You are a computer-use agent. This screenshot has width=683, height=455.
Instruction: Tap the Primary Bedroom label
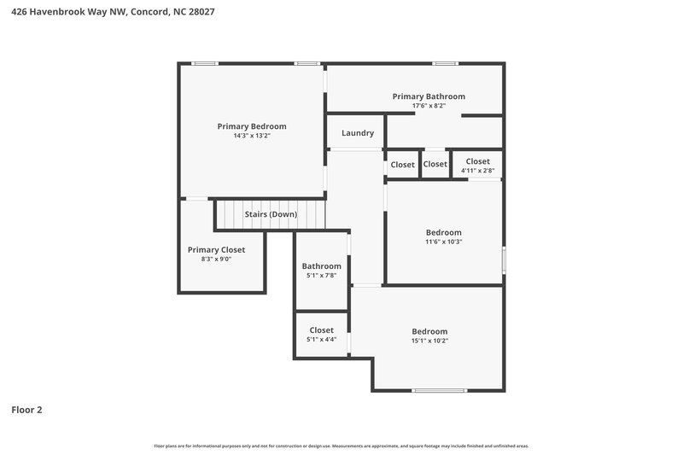[251, 126]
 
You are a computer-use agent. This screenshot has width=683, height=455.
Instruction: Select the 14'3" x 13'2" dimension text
[251, 136]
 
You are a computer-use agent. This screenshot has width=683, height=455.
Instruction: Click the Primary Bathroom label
[429, 96]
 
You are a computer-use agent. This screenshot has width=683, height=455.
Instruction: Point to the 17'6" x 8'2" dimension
[429, 106]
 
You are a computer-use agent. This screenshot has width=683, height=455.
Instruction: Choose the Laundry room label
[358, 133]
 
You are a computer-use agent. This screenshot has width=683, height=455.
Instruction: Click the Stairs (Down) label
[271, 214]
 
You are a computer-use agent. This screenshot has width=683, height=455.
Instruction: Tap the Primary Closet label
[216, 250]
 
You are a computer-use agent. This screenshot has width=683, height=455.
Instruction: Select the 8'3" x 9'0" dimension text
[216, 259]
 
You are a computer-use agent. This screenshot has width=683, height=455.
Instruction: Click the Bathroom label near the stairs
[321, 266]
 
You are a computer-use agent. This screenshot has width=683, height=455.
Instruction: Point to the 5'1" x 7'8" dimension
[321, 275]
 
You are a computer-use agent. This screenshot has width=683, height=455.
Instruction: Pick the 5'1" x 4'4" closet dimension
[321, 339]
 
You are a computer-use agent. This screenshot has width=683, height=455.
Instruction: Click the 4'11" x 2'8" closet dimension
[477, 171]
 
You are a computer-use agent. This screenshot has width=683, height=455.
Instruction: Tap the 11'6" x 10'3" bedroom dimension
[444, 242]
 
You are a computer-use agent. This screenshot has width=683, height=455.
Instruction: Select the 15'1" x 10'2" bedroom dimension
[429, 341]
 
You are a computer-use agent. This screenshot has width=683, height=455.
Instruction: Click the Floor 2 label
[26, 410]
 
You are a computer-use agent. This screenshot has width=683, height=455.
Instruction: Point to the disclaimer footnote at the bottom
[341, 446]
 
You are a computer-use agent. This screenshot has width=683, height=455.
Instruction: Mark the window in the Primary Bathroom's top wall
[443, 63]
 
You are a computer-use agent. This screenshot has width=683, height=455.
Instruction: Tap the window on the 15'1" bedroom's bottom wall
[440, 390]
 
